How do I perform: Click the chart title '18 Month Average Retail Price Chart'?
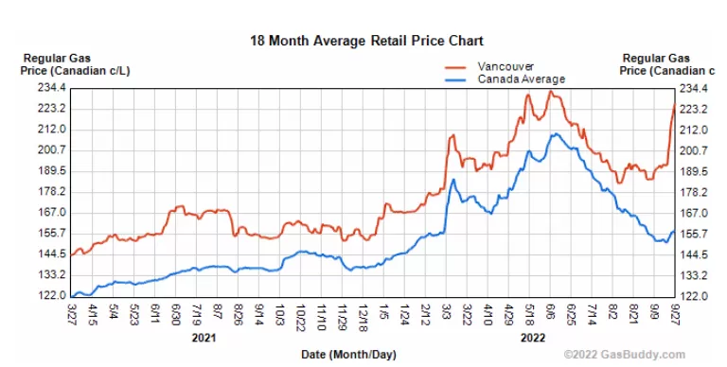(x=366, y=41)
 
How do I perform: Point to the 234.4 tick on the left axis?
(x=52, y=88)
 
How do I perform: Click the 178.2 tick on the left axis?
(x=52, y=192)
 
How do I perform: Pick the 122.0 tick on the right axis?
(x=694, y=296)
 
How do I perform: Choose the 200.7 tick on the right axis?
(x=694, y=150)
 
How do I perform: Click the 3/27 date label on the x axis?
(x=71, y=314)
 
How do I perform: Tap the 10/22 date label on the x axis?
(x=300, y=317)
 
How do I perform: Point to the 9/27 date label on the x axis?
(x=675, y=314)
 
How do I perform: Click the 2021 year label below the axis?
(x=204, y=338)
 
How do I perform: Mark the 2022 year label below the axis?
(x=533, y=338)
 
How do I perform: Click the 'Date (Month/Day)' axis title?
(x=348, y=355)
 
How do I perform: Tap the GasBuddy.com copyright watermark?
(x=625, y=355)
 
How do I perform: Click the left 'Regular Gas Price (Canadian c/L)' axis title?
(x=75, y=64)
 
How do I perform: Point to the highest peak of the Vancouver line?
(x=550, y=91)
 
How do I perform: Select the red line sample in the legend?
(x=455, y=68)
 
